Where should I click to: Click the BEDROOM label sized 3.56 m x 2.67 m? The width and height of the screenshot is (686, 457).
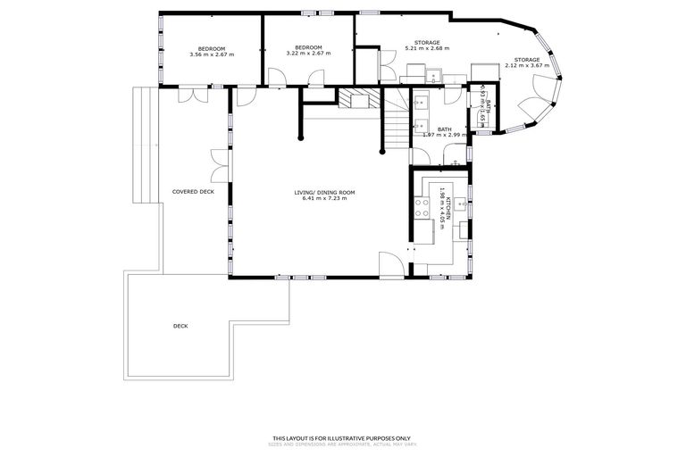tap(212, 48)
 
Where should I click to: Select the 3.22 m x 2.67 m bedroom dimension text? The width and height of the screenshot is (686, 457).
tap(308, 54)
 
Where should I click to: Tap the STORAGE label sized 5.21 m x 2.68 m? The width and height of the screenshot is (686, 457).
tap(427, 42)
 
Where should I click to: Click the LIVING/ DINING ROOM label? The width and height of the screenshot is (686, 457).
tap(325, 192)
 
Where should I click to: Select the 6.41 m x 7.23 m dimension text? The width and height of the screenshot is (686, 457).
tap(325, 198)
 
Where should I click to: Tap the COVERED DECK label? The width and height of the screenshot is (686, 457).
tap(193, 192)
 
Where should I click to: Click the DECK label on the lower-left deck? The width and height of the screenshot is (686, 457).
tap(180, 326)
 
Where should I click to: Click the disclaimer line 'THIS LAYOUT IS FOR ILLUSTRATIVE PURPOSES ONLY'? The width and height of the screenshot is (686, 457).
tap(342, 437)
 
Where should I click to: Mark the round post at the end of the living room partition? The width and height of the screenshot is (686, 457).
tap(301, 138)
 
